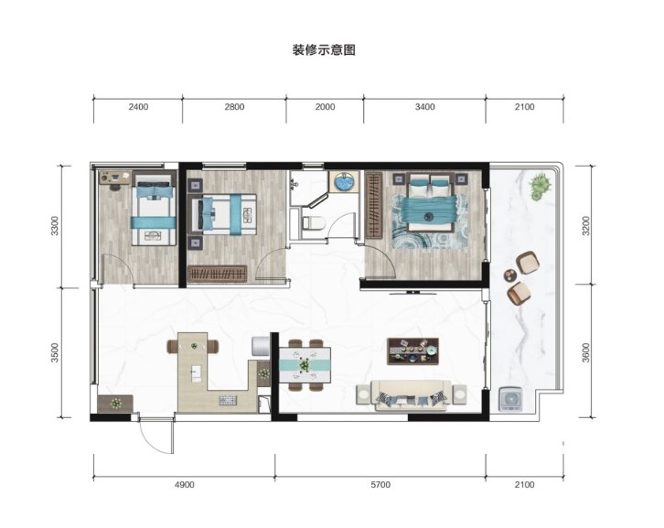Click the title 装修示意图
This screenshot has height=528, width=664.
click(x=324, y=50)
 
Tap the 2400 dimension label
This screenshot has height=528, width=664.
click(x=138, y=107)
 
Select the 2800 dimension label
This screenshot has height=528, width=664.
click(x=234, y=107)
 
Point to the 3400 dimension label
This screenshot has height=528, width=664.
click(x=424, y=107)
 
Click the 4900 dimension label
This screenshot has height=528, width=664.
click(x=184, y=484)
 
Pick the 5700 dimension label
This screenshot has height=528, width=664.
click(x=380, y=484)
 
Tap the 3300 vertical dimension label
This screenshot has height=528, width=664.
click(x=54, y=226)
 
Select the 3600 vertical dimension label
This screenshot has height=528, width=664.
click(x=585, y=352)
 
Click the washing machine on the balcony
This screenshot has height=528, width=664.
click(x=510, y=399)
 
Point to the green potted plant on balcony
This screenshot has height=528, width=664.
click(x=540, y=184)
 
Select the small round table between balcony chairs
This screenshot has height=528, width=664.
click(x=510, y=275)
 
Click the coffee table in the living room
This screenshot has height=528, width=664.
click(x=412, y=351)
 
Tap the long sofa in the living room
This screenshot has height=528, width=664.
click(x=411, y=395)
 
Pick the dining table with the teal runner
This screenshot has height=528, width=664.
click(x=305, y=365)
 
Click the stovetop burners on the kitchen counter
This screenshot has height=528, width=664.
click(x=229, y=400)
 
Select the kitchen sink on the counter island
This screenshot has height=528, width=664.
click(x=196, y=373)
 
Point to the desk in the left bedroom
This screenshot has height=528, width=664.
click(x=115, y=178)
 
